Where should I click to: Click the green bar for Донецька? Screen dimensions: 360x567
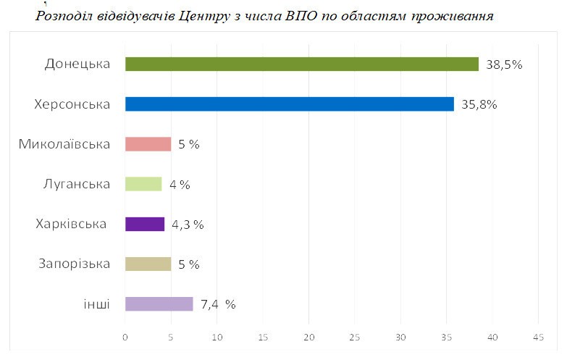pyautogui.click(x=301, y=64)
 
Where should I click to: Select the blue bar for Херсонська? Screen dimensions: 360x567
pyautogui.click(x=289, y=104)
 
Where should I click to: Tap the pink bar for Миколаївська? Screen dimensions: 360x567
pyautogui.click(x=148, y=144)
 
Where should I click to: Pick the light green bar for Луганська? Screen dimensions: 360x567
pyautogui.click(x=143, y=184)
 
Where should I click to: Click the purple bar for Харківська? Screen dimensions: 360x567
pyautogui.click(x=145, y=224)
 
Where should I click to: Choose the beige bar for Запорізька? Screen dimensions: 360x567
pyautogui.click(x=148, y=264)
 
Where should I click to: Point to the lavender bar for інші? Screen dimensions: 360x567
pyautogui.click(x=159, y=304)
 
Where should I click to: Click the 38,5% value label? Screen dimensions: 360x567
pyautogui.click(x=504, y=64)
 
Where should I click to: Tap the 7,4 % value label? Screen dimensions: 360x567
pyautogui.click(x=218, y=304)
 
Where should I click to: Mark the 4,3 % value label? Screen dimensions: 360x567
pyautogui.click(x=188, y=225)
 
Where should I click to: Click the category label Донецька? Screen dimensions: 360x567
pyautogui.click(x=77, y=64)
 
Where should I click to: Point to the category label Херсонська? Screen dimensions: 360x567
pyautogui.click(x=72, y=104)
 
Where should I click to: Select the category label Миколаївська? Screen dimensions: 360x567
pyautogui.click(x=64, y=144)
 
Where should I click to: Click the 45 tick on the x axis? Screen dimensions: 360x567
pyautogui.click(x=538, y=338)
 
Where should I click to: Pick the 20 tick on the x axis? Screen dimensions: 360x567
pyautogui.click(x=309, y=338)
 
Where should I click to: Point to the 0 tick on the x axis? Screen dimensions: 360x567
pyautogui.click(x=125, y=338)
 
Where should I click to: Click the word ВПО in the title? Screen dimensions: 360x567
pyautogui.click(x=303, y=16)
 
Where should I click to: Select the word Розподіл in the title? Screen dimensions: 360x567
pyautogui.click(x=64, y=16)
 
